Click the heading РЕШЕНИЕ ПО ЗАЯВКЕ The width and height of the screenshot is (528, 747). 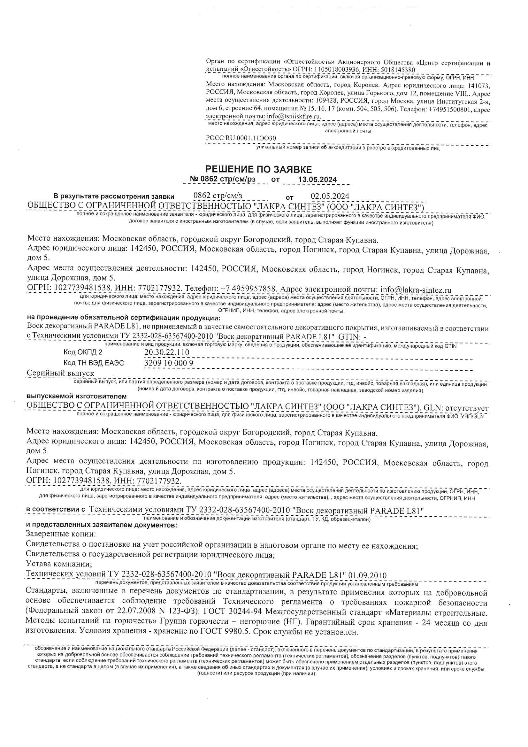[x=258, y=169]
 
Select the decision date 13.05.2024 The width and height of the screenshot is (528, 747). [x=317, y=180]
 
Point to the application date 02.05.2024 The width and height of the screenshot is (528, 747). [x=330, y=196]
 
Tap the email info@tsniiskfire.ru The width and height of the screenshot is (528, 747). [x=294, y=116]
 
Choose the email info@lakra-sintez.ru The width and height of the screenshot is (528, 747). [x=416, y=289]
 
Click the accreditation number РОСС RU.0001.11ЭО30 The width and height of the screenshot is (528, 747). [x=242, y=138]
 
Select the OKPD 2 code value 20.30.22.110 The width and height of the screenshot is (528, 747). [x=166, y=352]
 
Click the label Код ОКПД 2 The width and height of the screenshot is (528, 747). [x=83, y=352]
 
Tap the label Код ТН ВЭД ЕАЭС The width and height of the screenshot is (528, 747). [x=94, y=363]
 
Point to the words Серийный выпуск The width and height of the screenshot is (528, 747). [x=60, y=373]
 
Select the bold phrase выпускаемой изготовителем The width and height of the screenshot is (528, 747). [x=76, y=397]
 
